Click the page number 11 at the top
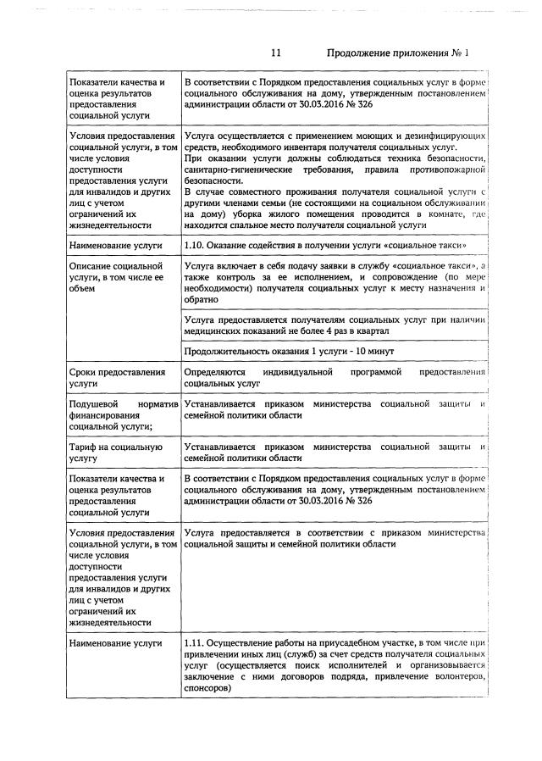276,53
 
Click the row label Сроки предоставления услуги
117,378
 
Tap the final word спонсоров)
207,689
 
